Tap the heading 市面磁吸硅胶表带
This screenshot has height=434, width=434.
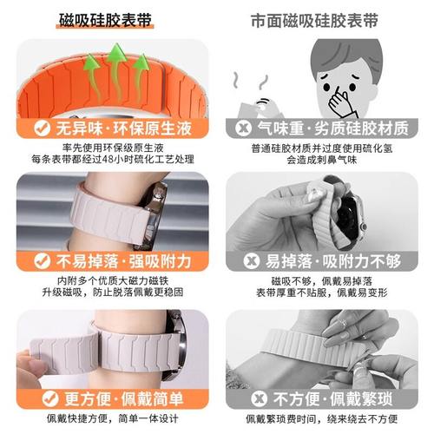(325, 19)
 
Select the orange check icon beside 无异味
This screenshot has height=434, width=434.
(41, 128)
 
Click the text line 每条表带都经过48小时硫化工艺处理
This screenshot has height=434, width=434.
(109, 161)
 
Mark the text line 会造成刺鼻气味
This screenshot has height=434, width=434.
(325, 161)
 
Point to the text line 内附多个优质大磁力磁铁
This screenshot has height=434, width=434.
(109, 281)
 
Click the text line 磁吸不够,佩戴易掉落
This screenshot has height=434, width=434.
(325, 281)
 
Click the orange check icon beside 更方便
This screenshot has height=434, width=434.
(41, 398)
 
